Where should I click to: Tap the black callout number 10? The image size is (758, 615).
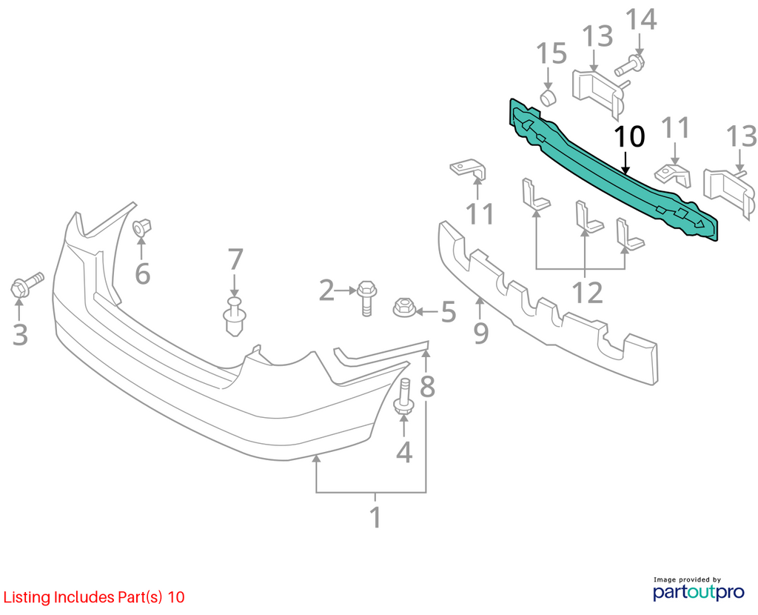(629, 136)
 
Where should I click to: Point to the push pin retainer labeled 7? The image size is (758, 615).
(235, 316)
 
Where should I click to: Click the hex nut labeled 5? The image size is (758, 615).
(404, 307)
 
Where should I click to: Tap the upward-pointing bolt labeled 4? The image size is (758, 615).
(403, 396)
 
